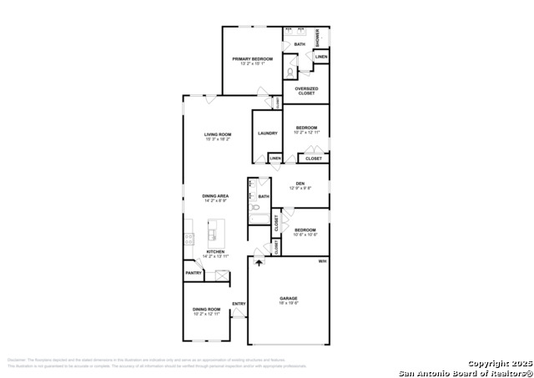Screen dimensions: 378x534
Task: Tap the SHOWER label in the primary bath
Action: (x=317, y=38)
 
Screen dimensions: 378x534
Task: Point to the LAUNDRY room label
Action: (x=267, y=134)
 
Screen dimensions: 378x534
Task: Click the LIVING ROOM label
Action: (x=218, y=134)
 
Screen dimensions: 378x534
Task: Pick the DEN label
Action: (x=300, y=184)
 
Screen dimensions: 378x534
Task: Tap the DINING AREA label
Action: (x=214, y=197)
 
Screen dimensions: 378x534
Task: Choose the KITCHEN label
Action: (x=215, y=251)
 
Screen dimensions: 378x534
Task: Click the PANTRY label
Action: (x=194, y=273)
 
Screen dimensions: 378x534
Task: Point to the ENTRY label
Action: (x=239, y=303)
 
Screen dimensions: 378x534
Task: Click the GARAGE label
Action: (x=289, y=298)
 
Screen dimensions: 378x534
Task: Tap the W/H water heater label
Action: (x=322, y=262)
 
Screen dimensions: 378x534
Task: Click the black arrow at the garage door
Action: (x=259, y=262)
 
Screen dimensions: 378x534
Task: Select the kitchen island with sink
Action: (x=214, y=229)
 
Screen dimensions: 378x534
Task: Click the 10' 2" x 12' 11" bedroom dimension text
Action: (x=306, y=132)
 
